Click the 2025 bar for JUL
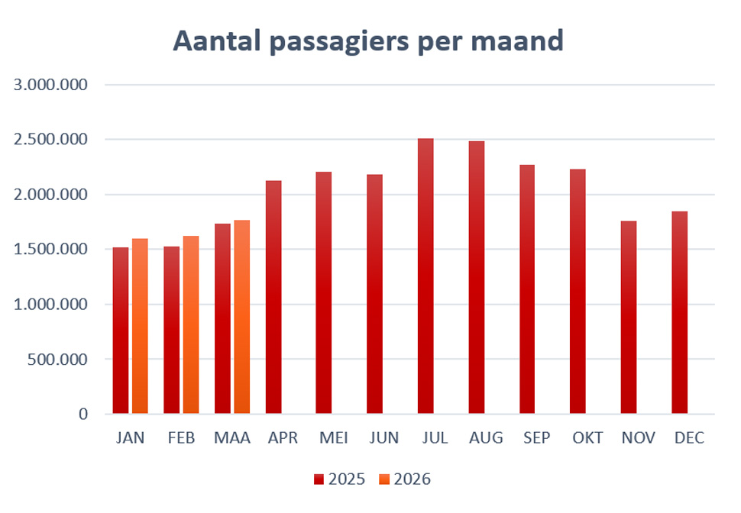(426, 276)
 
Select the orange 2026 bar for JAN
(140, 326)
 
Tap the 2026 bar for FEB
(191, 325)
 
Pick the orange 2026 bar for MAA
(242, 317)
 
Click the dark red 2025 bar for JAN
(121, 331)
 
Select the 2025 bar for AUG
(477, 277)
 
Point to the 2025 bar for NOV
(629, 318)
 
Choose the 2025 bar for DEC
(680, 313)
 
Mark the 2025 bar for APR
(273, 297)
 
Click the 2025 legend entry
(340, 479)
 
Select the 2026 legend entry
(405, 479)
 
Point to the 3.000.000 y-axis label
(50, 85)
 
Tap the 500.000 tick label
(57, 360)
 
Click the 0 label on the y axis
(83, 415)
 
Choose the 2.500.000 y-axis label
(50, 140)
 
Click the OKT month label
(587, 438)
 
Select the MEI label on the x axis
(334, 438)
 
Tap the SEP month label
(537, 438)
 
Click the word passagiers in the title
(339, 41)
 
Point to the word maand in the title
(517, 40)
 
